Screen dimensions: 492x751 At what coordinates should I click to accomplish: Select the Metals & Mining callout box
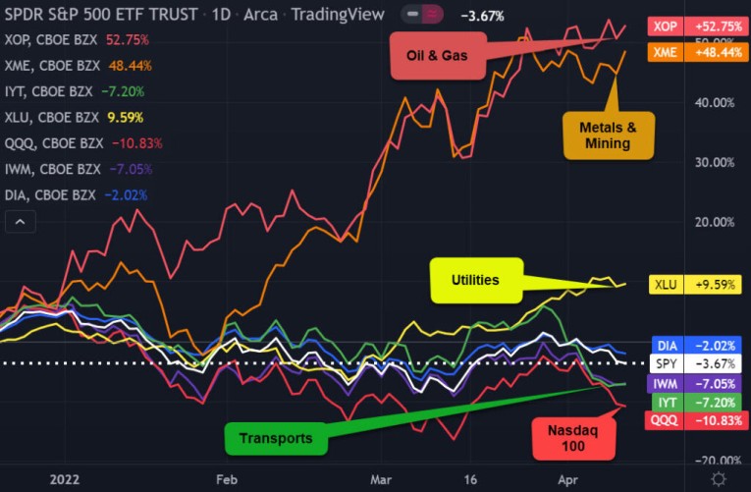point(610,135)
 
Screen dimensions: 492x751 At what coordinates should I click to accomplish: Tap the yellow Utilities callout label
point(474,280)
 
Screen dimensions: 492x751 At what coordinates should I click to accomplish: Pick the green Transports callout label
point(275,438)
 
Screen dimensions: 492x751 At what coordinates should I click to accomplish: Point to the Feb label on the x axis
point(227,478)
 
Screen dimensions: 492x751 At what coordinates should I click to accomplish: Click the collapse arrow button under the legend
point(19,223)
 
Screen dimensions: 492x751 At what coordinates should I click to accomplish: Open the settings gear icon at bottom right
point(720,477)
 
